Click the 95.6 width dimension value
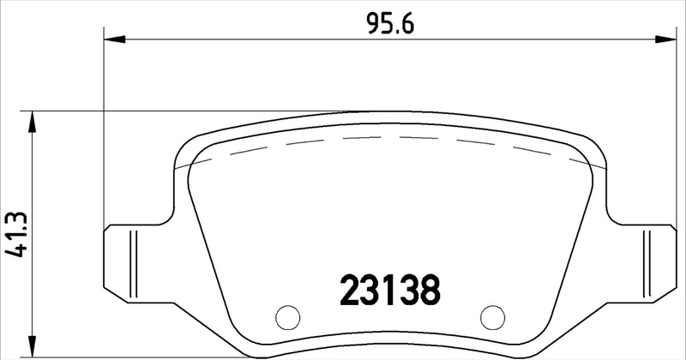click(390, 25)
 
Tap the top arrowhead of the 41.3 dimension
click(33, 121)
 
